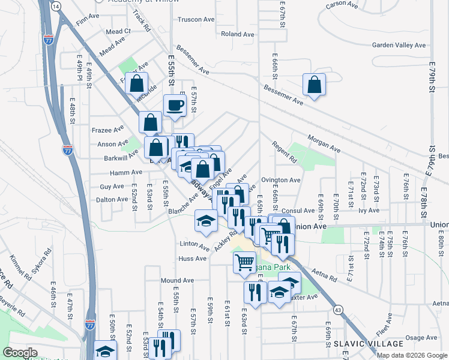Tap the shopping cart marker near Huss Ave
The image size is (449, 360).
(244, 262)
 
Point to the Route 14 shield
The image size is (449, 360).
(56, 5)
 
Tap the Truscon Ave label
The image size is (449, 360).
(196, 19)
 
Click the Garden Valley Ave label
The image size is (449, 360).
(399, 45)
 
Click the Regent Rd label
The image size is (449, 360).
(285, 152)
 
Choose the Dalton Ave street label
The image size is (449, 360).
(113, 199)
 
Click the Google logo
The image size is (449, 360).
(20, 353)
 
